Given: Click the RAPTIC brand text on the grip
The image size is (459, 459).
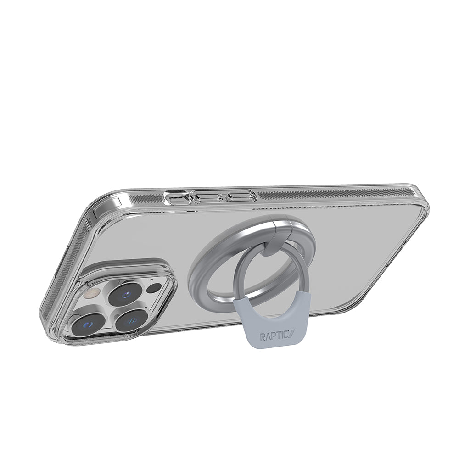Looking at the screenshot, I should coord(276,336).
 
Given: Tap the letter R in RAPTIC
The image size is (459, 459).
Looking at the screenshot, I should coord(263,336).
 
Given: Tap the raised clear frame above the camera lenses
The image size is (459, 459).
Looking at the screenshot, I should coord(129,271).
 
